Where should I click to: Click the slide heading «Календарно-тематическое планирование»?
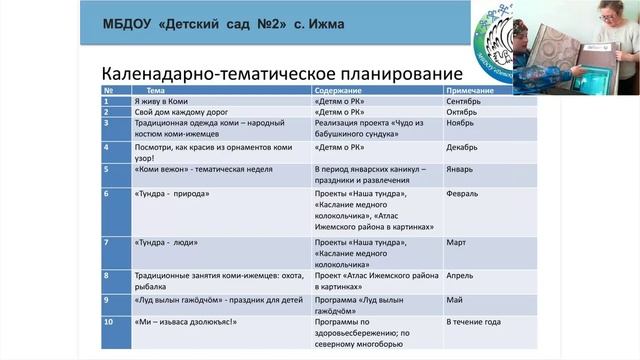[x=283, y=75]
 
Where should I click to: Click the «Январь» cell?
[x=460, y=170]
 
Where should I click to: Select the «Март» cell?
[x=457, y=243]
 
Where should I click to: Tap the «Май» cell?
[x=455, y=298]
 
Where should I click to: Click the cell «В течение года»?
[x=473, y=323]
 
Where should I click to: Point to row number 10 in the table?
[x=109, y=323]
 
